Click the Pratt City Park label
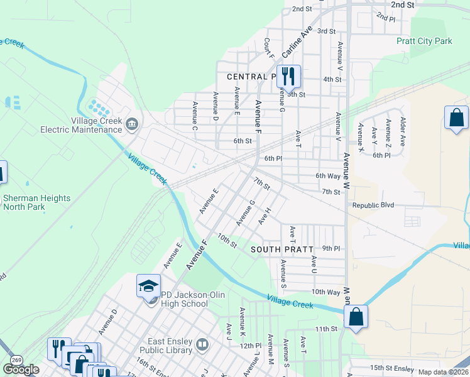click(424, 41)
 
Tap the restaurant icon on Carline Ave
click(288, 77)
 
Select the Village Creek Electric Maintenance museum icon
click(132, 122)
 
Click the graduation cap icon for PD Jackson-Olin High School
click(149, 287)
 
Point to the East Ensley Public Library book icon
click(202, 344)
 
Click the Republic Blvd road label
click(373, 205)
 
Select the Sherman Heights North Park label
click(36, 202)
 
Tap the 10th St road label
click(227, 240)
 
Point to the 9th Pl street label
click(331, 249)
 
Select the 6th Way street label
click(328, 177)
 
